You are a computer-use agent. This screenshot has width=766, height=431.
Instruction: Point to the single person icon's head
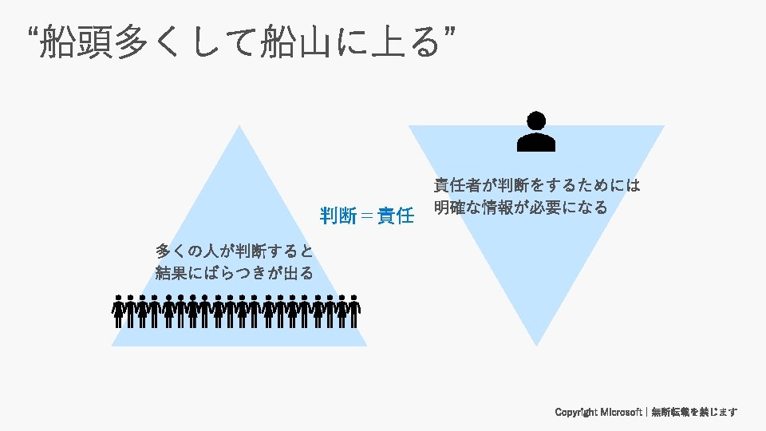536,121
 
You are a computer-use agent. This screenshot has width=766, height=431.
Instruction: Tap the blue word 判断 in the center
338,215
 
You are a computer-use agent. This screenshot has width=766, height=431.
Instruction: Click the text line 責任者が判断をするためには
537,186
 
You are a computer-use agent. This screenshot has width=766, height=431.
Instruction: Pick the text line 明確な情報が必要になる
521,208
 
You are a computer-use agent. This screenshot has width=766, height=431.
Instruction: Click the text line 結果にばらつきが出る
235,273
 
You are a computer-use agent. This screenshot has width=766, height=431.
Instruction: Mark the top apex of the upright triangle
239,127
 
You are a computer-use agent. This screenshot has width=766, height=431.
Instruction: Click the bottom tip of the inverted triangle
536,344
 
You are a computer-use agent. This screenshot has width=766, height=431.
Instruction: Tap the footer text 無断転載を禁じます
694,413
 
